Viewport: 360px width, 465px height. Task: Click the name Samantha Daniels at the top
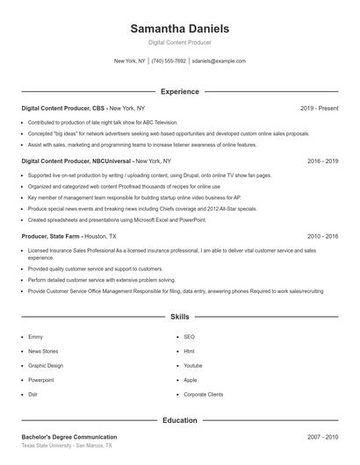179,28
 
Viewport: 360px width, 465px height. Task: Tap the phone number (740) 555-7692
169,61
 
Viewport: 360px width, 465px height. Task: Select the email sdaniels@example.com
219,61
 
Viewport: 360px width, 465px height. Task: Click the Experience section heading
179,91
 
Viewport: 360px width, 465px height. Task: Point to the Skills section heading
179,316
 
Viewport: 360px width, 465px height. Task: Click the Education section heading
179,420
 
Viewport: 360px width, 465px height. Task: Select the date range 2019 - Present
319,108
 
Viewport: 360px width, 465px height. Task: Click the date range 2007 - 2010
322,436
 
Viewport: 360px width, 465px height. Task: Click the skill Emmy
35,337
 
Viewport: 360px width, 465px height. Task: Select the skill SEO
189,337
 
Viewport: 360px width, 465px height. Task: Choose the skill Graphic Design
46,365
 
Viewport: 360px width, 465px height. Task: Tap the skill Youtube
193,365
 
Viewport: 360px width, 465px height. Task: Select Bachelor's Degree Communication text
69,436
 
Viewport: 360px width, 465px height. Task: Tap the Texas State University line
67,446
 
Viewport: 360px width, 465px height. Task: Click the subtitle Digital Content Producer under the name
179,42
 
